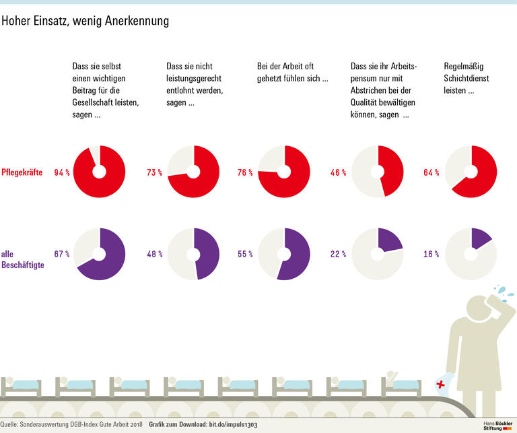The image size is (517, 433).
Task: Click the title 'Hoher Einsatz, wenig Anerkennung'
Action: (x=85, y=22)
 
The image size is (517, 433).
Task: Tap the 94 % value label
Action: (x=63, y=172)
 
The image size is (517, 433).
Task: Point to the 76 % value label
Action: (x=246, y=172)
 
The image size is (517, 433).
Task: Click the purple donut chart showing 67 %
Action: (x=99, y=254)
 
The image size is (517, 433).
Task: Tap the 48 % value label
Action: (x=154, y=255)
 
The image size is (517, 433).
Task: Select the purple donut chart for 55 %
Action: (x=284, y=254)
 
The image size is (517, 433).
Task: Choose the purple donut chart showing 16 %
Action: (x=471, y=254)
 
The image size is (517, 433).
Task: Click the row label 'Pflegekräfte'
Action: (x=22, y=172)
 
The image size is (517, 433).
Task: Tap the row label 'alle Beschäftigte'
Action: (x=23, y=259)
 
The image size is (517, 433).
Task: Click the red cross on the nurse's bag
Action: (x=441, y=385)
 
